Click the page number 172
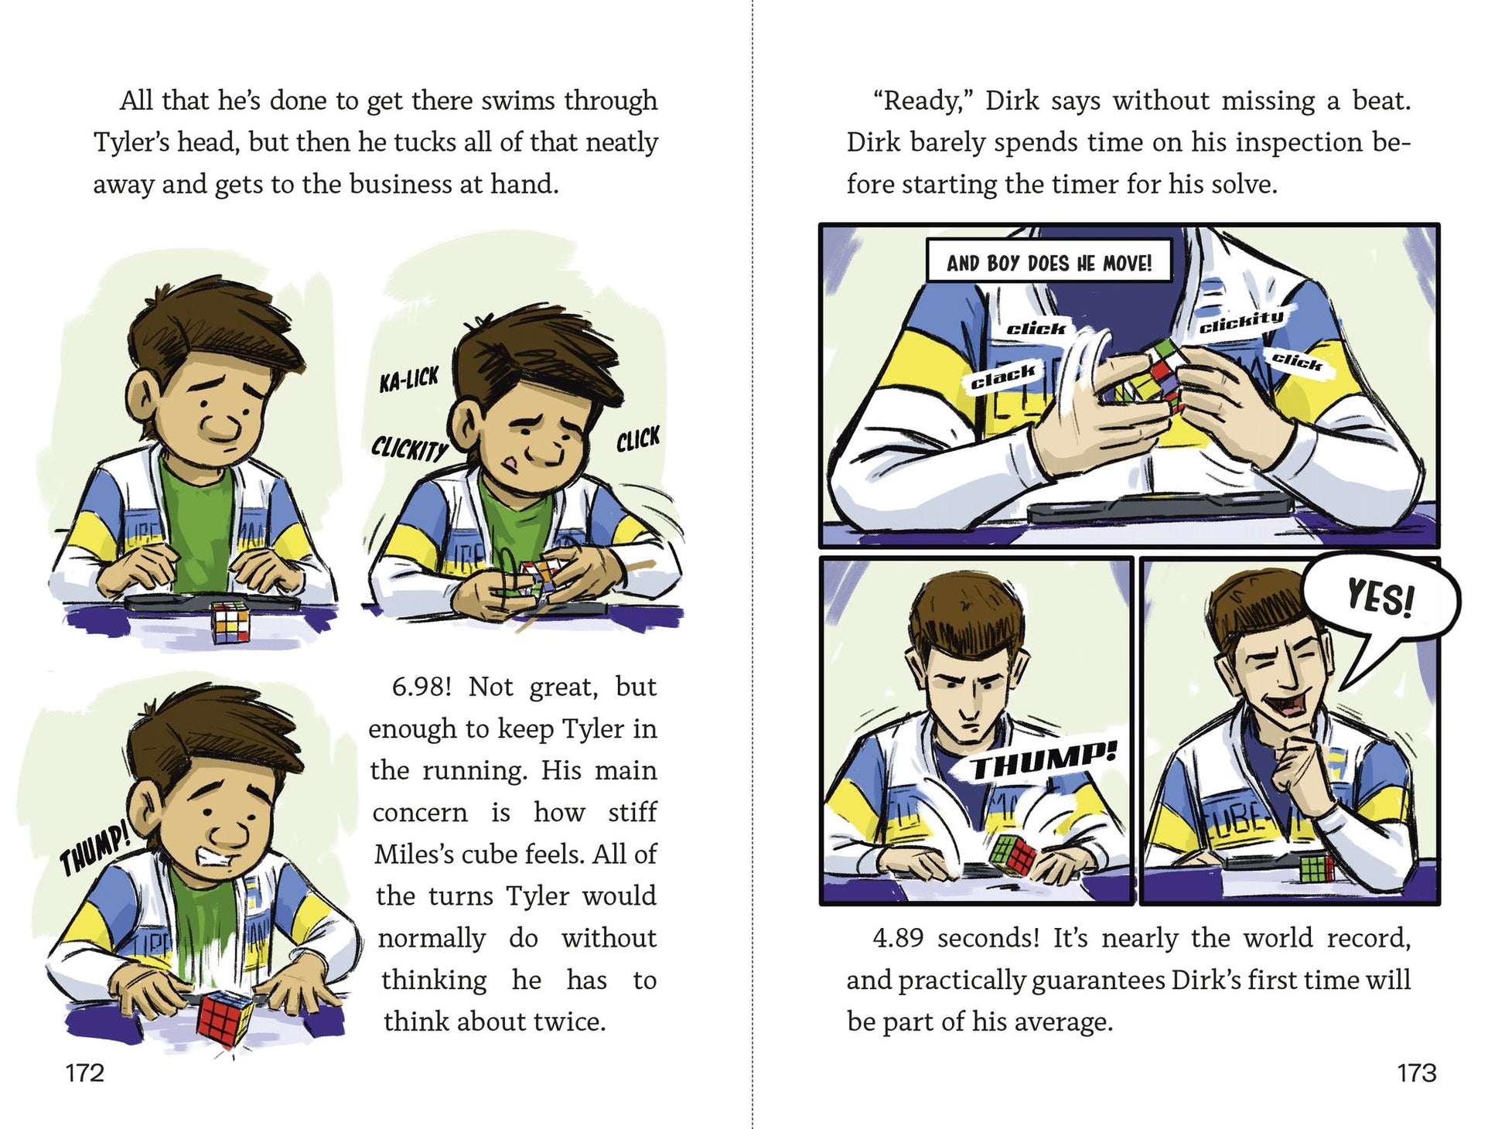tap(84, 1073)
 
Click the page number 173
tap(1417, 1073)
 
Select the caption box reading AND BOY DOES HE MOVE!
tap(1049, 261)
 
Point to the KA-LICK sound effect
tap(408, 379)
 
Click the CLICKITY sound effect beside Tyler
tap(409, 447)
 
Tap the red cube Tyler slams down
tap(225, 1016)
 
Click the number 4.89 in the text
tap(898, 938)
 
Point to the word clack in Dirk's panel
tap(1003, 377)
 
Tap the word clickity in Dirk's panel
tap(1241, 321)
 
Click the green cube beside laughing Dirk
tap(1317, 868)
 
